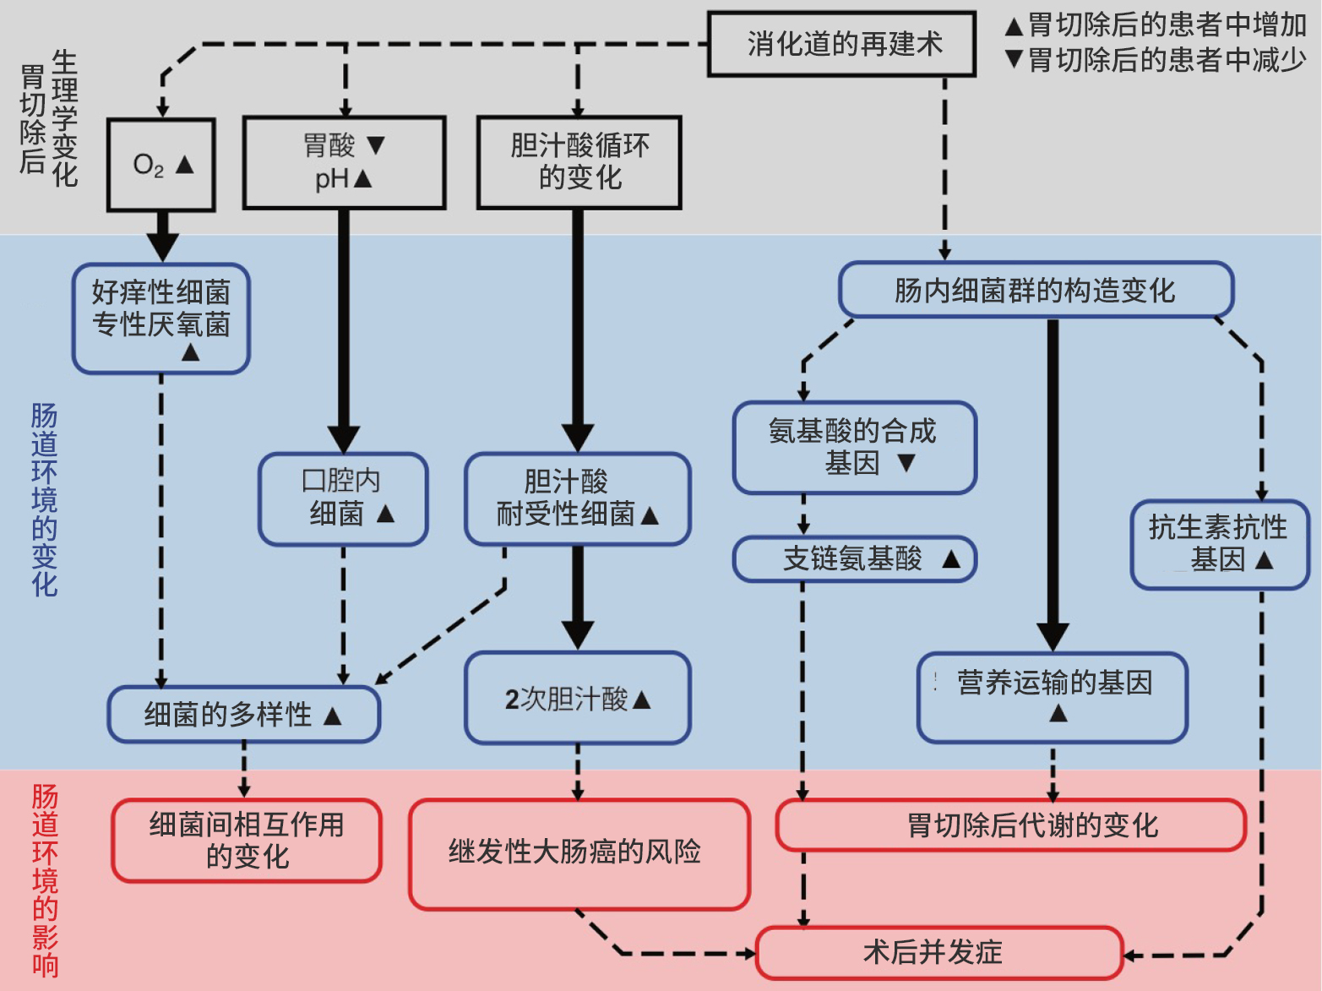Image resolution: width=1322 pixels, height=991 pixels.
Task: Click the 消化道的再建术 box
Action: [x=841, y=44]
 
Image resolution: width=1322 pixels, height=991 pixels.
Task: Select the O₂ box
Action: [x=161, y=165]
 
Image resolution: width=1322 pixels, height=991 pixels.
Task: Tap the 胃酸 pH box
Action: [x=344, y=162]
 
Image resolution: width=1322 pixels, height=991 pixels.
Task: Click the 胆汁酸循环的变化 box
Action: [x=579, y=162]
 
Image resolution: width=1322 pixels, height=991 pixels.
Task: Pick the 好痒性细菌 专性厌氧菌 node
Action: [x=161, y=319]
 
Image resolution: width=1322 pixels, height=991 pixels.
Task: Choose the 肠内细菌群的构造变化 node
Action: [x=1036, y=290]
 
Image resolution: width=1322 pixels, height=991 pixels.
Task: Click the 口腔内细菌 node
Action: [x=343, y=498]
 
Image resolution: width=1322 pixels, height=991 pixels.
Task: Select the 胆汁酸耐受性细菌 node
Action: [x=578, y=498]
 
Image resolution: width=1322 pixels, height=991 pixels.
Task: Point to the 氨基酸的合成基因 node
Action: [x=854, y=447]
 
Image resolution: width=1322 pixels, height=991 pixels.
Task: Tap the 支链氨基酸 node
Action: [x=854, y=558]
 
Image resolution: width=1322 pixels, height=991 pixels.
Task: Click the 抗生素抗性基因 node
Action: [x=1218, y=544]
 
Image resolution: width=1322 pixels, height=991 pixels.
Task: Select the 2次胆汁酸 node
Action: [x=578, y=698]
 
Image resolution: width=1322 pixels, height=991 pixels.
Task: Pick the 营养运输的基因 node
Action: [x=1053, y=697]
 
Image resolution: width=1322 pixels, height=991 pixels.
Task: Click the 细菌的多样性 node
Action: [x=243, y=714]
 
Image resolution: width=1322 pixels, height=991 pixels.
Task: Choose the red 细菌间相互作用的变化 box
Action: [x=247, y=840]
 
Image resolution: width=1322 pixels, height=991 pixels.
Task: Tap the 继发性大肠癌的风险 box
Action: [x=579, y=853]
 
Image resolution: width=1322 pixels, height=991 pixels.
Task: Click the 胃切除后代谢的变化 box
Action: [x=1010, y=825]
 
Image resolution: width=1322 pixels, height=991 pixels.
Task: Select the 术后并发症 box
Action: [x=938, y=952]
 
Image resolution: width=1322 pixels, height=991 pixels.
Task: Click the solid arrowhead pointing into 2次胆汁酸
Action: [x=578, y=634]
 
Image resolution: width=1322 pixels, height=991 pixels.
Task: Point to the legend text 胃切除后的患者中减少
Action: [x=1167, y=60]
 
